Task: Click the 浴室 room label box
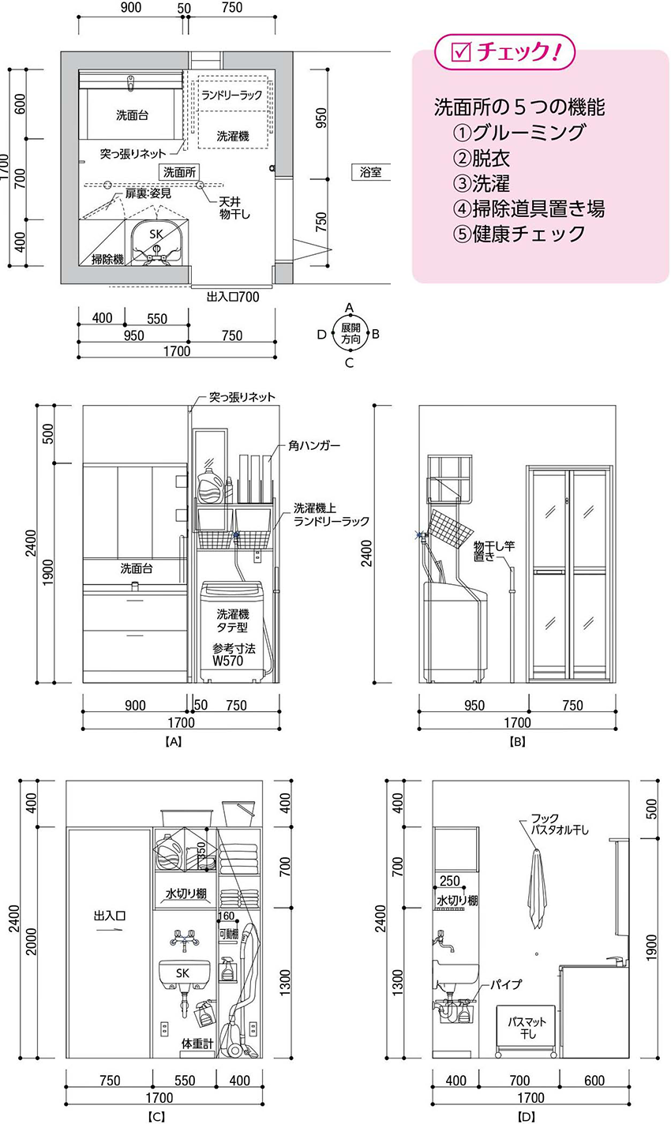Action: tap(370, 172)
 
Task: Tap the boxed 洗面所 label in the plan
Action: tap(179, 172)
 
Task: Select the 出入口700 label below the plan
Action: tap(233, 297)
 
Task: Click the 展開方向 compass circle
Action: tap(350, 334)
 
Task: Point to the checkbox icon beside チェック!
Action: tap(461, 51)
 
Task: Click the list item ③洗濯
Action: tap(481, 183)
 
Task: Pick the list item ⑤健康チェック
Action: tap(519, 234)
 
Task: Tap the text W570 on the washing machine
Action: tap(228, 661)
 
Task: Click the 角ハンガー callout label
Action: tap(314, 445)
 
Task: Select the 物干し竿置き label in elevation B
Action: tap(494, 550)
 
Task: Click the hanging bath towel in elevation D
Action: tap(537, 889)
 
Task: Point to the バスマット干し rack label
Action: tap(527, 1028)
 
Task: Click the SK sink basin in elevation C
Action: tap(185, 973)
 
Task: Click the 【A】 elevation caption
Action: tap(173, 741)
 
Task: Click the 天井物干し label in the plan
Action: tap(234, 208)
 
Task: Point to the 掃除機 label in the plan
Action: tap(107, 259)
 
